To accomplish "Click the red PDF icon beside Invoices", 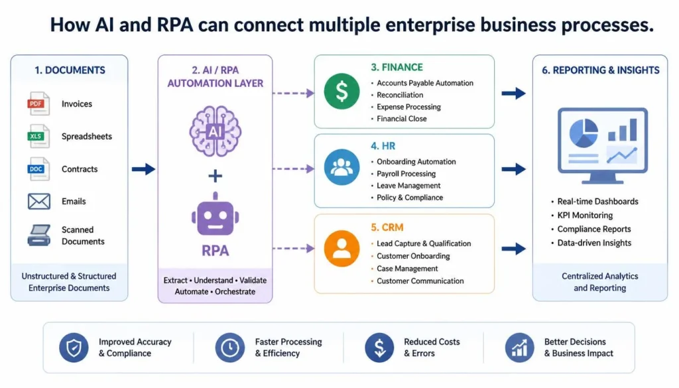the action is coord(38,103).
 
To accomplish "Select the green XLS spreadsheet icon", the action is coord(38,136).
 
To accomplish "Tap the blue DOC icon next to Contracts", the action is coord(38,169).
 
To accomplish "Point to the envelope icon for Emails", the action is coord(39,202).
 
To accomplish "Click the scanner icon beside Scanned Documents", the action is coord(39,235).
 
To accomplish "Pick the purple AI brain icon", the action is coord(216,131).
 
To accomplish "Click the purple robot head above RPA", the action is coord(216,214).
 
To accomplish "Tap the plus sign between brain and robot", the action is coord(216,176).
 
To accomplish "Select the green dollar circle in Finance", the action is coord(341,92).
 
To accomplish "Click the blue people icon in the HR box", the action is coord(341,167).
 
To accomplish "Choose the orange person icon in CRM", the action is coord(341,248).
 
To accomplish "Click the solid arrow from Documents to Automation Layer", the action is coord(143,169).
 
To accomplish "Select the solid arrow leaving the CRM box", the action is coord(514,249).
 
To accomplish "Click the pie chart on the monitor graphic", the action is coord(584,133).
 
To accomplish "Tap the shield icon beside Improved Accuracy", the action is coord(74,348).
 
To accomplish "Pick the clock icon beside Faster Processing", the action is coord(230,348).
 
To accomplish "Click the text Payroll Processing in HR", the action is coord(406,174).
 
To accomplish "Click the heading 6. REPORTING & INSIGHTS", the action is coord(601,70).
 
